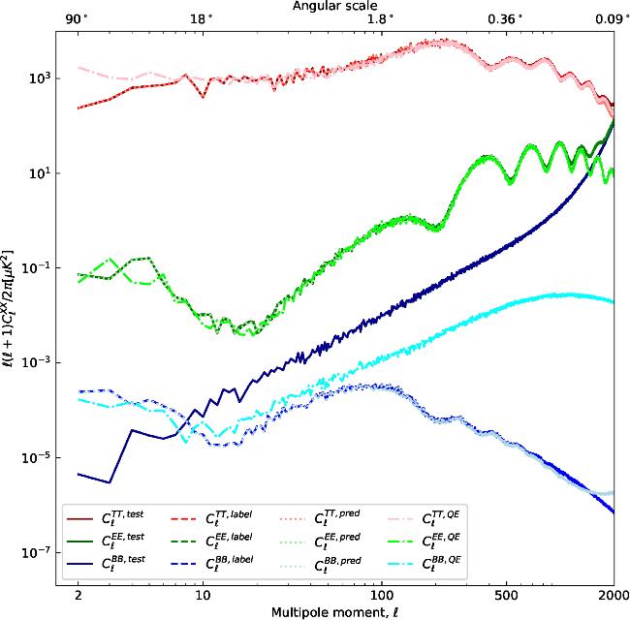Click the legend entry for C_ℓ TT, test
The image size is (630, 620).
106,518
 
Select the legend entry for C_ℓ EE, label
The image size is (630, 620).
212,542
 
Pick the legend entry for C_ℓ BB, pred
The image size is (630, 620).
320,565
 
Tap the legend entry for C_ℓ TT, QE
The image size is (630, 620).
424,518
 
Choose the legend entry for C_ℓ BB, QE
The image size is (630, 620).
424,565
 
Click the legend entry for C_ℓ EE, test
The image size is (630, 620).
106,542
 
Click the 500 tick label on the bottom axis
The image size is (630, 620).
506,594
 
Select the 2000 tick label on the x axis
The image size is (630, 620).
614,594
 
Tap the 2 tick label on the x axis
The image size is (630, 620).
78,594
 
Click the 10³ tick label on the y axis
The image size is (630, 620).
40,77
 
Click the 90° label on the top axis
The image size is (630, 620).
77,19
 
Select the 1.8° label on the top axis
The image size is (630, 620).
381,19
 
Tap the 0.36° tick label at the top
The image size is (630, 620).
506,19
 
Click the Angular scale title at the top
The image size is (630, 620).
334,6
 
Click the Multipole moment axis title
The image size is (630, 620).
335,612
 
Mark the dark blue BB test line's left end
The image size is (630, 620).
78,475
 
